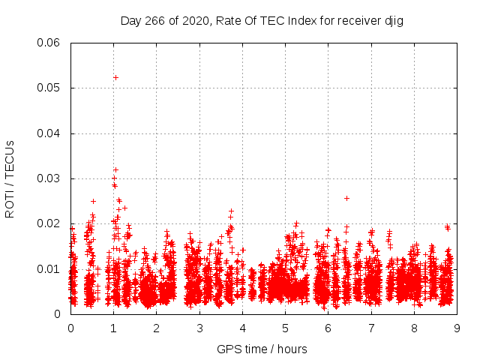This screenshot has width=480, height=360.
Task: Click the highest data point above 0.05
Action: click(115, 77)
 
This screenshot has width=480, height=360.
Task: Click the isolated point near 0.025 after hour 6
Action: click(346, 198)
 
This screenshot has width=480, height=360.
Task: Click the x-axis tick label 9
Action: click(457, 328)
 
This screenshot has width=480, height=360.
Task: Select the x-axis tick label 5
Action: click(286, 328)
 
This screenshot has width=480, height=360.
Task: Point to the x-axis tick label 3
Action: click(199, 328)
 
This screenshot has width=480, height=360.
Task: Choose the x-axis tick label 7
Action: click(371, 328)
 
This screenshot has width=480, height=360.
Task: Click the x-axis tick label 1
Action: click(113, 328)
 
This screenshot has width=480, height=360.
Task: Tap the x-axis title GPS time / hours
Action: click(262, 349)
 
